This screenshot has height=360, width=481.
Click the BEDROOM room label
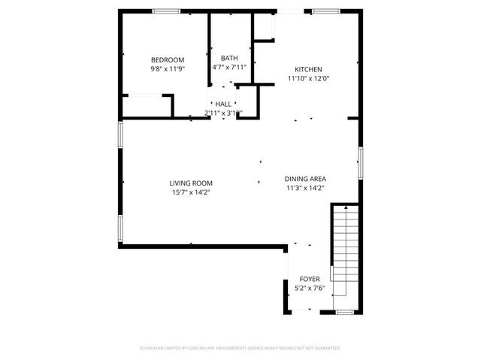point(168,60)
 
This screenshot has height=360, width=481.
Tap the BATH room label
point(229,58)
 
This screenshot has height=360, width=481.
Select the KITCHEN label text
point(308,68)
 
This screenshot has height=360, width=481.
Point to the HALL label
point(223,104)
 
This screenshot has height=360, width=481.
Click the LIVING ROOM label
point(190,183)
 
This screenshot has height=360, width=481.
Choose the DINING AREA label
point(305,179)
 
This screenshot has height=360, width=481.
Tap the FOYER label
point(310,279)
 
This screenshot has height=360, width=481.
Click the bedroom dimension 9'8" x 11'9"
point(168,68)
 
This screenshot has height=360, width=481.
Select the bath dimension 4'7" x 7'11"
point(229,67)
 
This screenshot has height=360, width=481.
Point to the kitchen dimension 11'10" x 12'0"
point(308,77)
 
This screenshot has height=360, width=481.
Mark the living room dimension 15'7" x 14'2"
point(190,192)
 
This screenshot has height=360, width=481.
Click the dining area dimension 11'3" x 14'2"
point(305,188)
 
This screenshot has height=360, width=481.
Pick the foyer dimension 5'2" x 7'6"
point(310,287)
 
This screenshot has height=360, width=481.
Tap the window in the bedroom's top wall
point(166,11)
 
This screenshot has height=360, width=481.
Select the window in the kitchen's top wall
point(325,11)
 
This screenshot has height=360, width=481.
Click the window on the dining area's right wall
point(361,162)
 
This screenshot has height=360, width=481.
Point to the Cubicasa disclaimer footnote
point(240,348)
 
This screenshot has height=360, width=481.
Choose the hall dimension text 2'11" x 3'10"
point(223,113)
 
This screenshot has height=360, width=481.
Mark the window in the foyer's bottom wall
point(345,311)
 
